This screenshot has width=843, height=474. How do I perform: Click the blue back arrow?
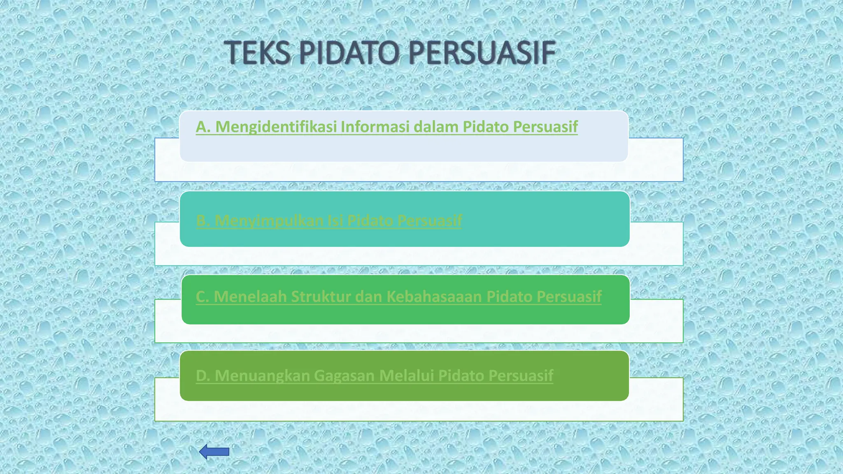coord(214,452)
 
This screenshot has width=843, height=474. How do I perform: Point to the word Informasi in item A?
coord(375,127)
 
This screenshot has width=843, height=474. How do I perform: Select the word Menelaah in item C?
coord(250,296)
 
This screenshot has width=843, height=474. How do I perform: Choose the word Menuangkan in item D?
coord(262,375)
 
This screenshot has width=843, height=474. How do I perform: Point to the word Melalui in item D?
coord(406,375)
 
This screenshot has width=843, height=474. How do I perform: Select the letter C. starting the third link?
coord(203,296)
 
